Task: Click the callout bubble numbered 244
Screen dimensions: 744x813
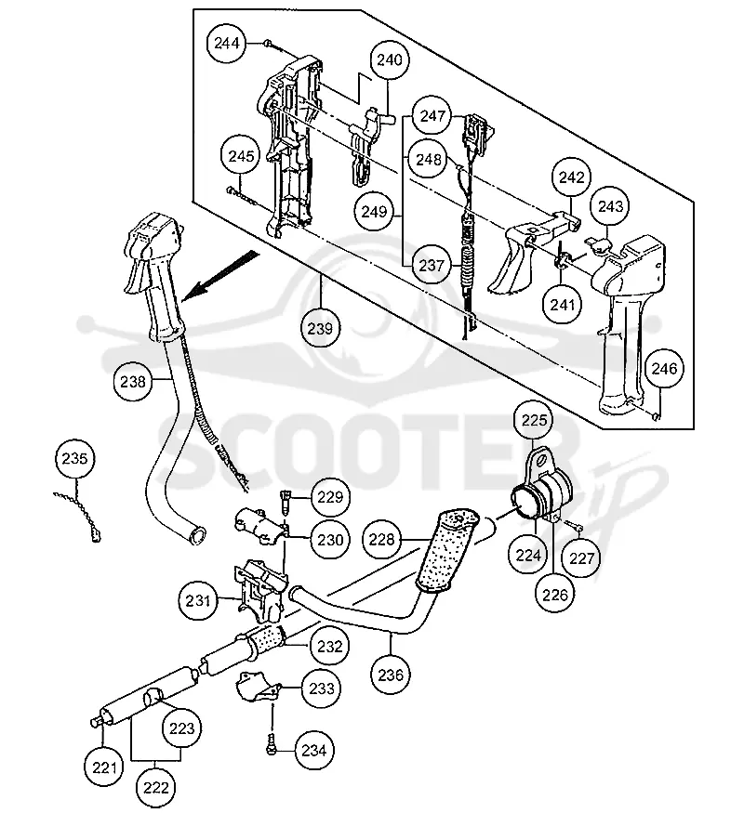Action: pos(227,43)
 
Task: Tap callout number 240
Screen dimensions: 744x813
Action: pos(389,59)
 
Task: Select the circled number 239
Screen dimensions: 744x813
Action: pos(320,328)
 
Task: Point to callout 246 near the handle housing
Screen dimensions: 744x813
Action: pos(664,369)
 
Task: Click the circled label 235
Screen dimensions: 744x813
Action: pos(74,458)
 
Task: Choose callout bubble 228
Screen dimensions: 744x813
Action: pos(382,540)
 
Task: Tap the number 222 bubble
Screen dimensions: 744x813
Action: pos(156,788)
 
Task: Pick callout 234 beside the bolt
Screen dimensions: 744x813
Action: pos(314,750)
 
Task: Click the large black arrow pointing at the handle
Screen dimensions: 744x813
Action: pos(220,275)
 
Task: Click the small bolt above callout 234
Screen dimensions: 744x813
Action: pos(271,747)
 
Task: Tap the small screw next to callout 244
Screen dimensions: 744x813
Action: pos(268,43)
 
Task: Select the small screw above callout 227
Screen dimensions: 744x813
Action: pos(574,527)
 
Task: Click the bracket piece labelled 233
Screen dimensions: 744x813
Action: pos(258,688)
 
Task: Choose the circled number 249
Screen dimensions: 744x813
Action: pos(374,211)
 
